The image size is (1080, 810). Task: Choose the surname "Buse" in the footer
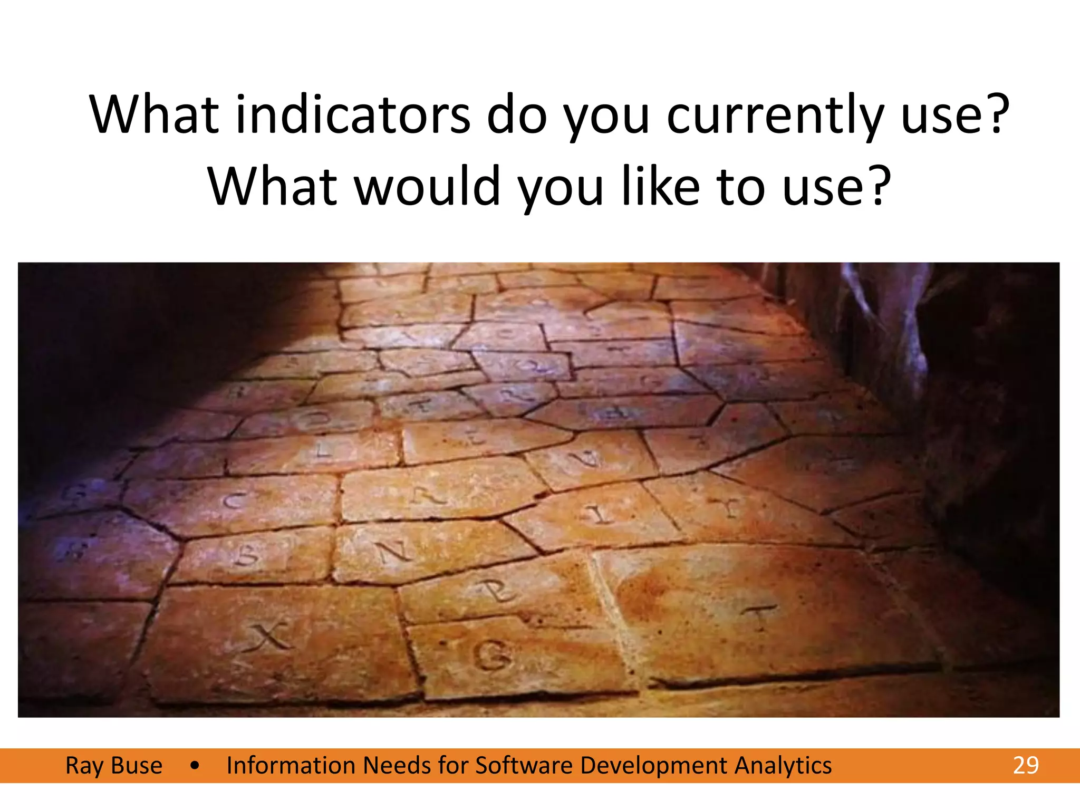[137, 766]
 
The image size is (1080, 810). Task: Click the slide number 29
[1025, 766]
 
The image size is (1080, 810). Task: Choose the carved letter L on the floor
[323, 451]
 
